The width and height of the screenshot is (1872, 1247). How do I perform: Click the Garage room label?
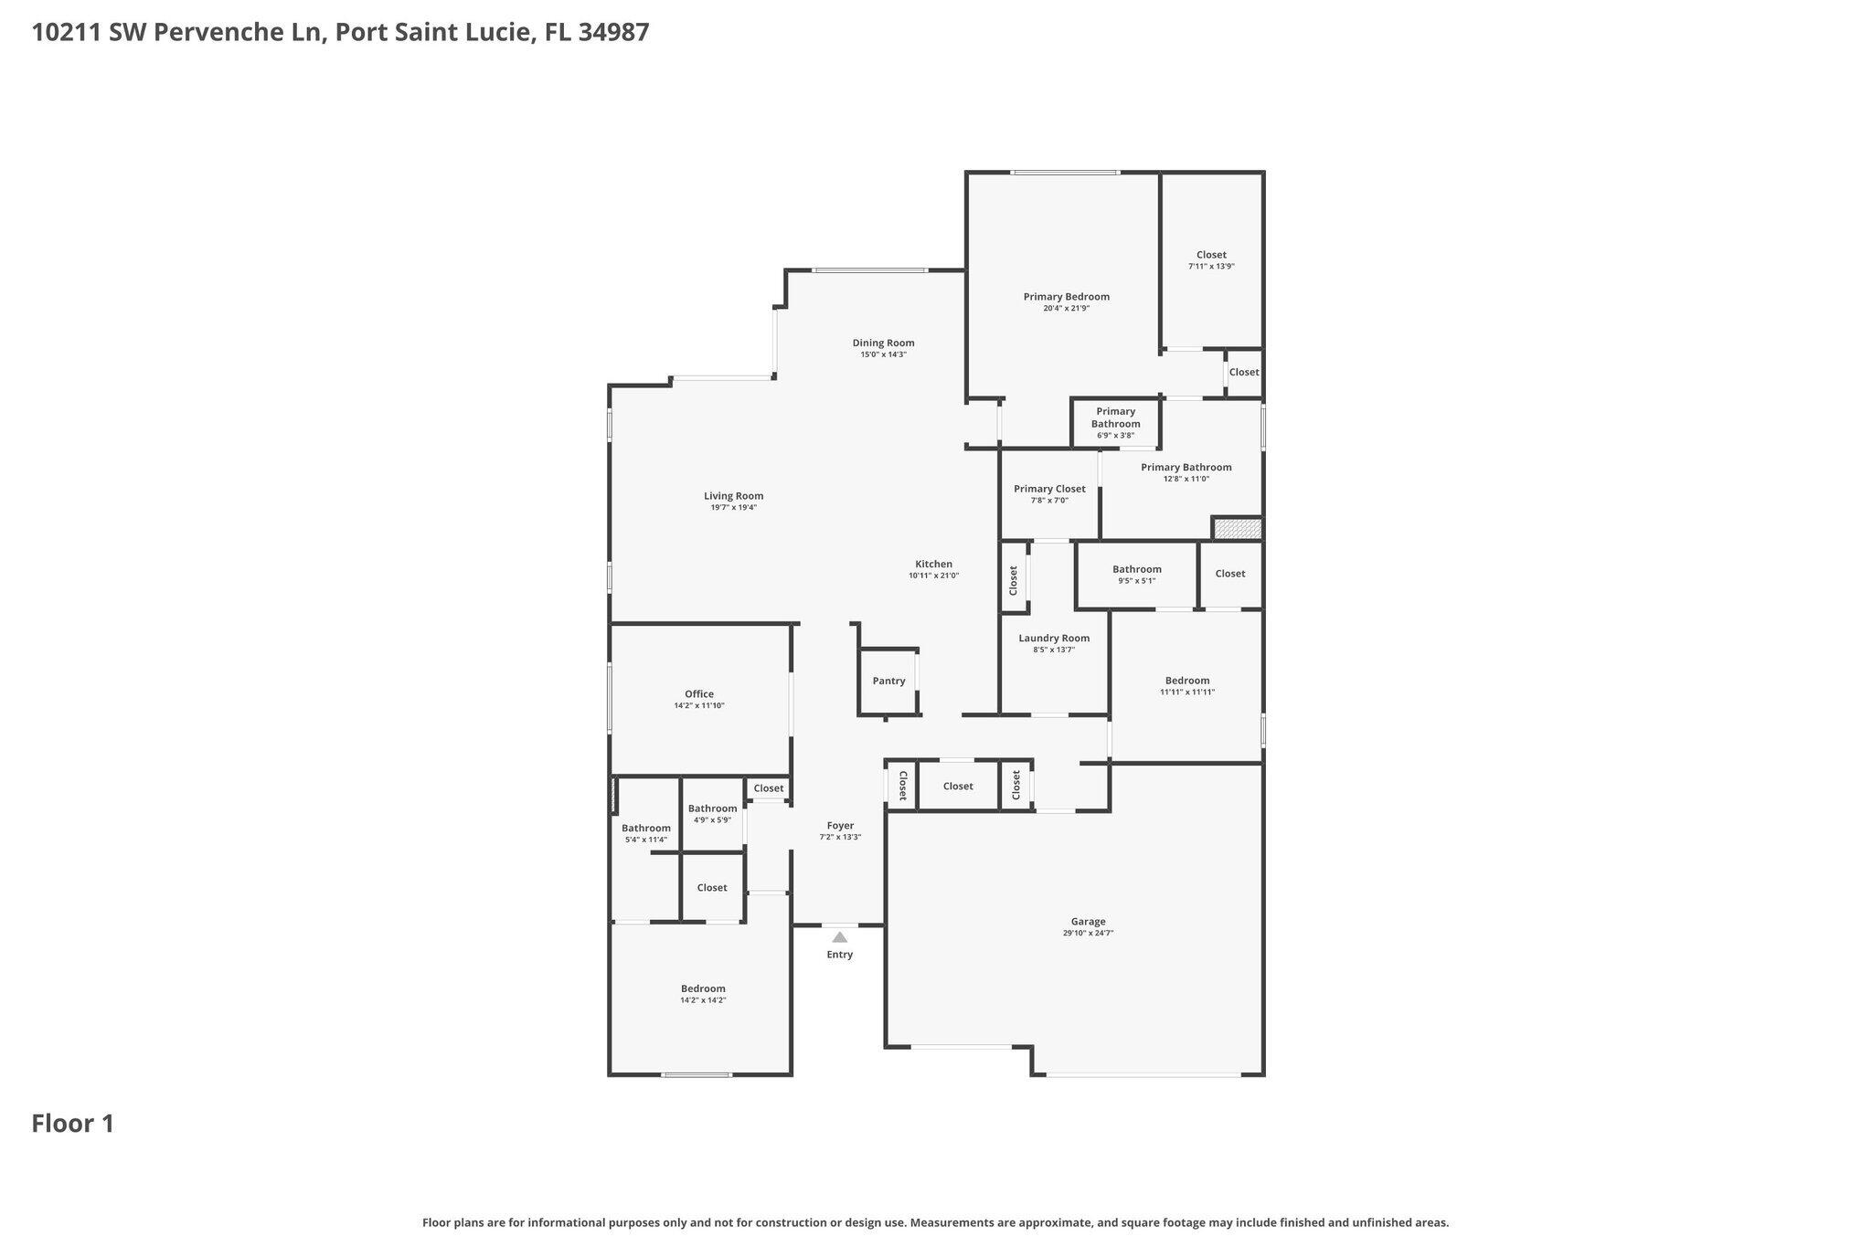[x=1088, y=922]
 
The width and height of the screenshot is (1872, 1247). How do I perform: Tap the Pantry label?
[x=888, y=681]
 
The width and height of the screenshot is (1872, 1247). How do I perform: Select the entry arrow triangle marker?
[x=839, y=937]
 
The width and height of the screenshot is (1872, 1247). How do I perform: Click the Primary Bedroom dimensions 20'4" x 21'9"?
[x=1066, y=309]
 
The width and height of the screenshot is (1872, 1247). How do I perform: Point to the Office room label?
[x=699, y=693]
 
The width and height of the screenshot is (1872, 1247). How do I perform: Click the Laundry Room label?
[x=1054, y=639]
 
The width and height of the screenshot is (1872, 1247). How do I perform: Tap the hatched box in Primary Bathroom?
[x=1238, y=529]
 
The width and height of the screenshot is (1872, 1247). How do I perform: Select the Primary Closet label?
[x=1049, y=489]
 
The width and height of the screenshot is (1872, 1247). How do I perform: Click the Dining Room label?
[x=883, y=343]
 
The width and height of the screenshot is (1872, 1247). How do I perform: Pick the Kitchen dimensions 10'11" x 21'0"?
[x=933, y=576]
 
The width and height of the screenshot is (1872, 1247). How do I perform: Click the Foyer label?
[x=840, y=826]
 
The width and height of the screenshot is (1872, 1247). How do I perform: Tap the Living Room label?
[x=733, y=496]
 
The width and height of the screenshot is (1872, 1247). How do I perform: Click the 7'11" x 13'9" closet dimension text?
[x=1211, y=267]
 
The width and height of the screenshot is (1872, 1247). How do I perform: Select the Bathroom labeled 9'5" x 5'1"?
[x=1136, y=569]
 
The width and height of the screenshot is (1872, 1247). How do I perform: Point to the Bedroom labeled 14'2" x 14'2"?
[x=703, y=988]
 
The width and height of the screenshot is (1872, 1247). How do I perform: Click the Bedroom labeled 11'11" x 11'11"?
[x=1186, y=681]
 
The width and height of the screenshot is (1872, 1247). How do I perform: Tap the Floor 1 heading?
[x=73, y=1124]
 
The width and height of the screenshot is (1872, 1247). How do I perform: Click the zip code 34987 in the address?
[x=613, y=33]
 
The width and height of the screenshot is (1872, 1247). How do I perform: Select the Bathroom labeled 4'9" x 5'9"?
[x=712, y=808]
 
